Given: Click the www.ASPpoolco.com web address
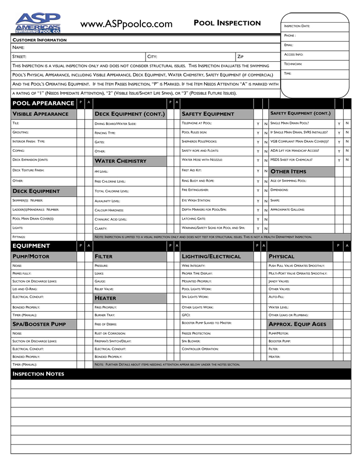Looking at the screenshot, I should [126, 24].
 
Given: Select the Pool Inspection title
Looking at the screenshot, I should [227, 23].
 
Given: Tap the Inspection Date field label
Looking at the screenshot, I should [297, 26].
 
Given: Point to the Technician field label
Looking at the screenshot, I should [293, 64].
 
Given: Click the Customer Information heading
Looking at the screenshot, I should [40, 40].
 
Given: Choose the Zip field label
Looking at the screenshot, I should [240, 57].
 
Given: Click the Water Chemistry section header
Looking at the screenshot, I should [120, 161].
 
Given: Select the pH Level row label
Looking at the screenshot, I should [101, 171].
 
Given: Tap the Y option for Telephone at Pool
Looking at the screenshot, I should [258, 124].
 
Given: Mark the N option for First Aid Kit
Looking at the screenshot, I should [265, 171].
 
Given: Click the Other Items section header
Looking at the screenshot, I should [288, 171].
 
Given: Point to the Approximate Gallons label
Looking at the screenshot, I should [287, 209].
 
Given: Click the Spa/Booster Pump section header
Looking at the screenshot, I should [39, 324].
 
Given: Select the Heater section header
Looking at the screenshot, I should [105, 298].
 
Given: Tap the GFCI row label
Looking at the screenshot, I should [186, 315].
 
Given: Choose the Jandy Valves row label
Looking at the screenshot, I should [279, 281].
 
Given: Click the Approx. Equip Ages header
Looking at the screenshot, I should [298, 324].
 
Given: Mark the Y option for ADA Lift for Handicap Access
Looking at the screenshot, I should [338, 151].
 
